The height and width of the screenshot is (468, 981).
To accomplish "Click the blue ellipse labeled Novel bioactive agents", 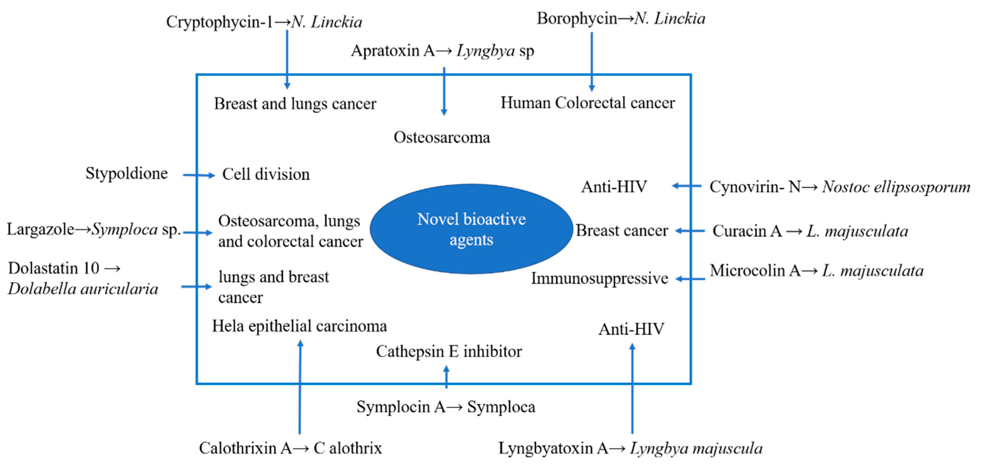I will tap(471, 229).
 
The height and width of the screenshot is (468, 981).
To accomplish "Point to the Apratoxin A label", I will tap(393, 51).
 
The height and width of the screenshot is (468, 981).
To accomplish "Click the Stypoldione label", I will tap(126, 173).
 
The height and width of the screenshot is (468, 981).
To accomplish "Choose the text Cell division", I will tap(266, 174).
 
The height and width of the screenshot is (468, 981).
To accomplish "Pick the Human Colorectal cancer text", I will tap(587, 103).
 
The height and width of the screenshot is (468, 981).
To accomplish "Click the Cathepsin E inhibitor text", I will tap(449, 351).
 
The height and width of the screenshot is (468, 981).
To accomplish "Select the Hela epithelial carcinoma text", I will tap(299, 326).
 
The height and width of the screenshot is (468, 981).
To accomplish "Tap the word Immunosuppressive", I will tap(599, 279).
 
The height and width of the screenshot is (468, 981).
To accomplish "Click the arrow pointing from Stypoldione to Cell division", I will tap(199, 175).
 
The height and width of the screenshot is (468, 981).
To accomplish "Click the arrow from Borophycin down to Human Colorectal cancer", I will tap(591, 61).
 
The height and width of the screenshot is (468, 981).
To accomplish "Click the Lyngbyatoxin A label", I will tap(553, 448).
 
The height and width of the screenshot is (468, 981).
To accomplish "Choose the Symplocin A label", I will tap(401, 407).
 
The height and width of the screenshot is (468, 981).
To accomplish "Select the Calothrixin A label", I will tap(245, 448).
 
